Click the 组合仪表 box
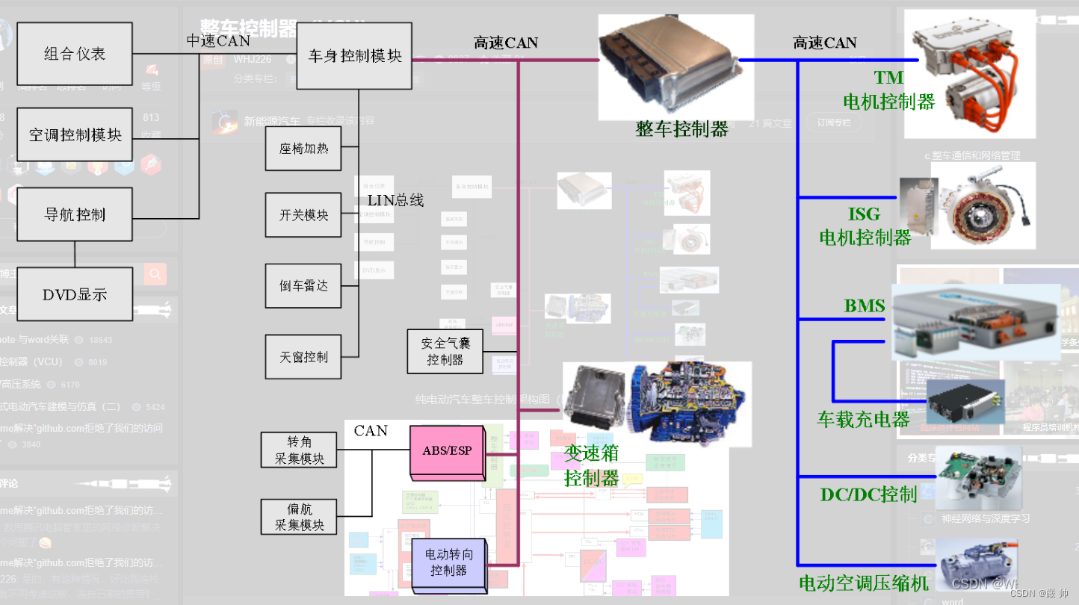[75, 54]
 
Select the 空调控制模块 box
[75, 134]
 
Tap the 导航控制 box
[75, 214]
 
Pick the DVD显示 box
[75, 294]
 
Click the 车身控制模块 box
[355, 56]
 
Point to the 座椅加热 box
[303, 149]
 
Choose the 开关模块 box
[303, 215]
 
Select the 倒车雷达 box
[303, 285]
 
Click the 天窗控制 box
[303, 357]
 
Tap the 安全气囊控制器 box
[445, 352]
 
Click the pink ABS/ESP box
[446, 451]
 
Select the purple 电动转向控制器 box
[448, 562]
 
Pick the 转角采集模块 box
[299, 450]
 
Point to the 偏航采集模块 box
[299, 517]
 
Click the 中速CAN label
[218, 41]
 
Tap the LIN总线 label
[395, 200]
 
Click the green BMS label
[865, 305]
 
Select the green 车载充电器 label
[864, 419]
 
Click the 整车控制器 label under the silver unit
[681, 129]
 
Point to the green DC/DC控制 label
[868, 494]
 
